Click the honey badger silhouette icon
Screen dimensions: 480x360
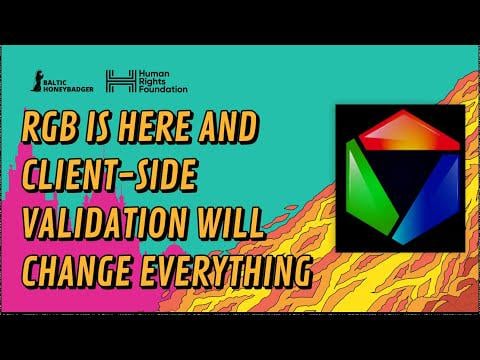(x=38, y=81)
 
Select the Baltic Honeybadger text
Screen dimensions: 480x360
(x=69, y=86)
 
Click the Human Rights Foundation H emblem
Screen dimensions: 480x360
(x=121, y=81)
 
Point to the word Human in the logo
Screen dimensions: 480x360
(x=154, y=74)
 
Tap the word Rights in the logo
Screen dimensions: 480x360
(x=152, y=82)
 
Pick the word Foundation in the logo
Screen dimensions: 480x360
(x=163, y=89)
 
